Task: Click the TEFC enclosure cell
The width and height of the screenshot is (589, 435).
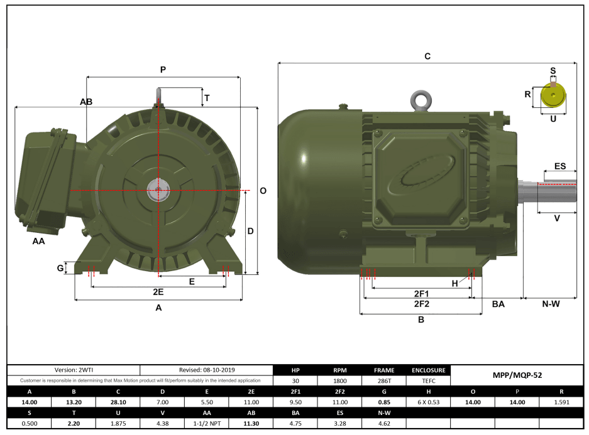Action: click(429, 381)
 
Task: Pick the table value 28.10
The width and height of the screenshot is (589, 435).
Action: click(118, 402)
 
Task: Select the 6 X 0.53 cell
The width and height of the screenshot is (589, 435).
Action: click(429, 402)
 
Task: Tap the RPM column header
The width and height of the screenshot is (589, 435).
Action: click(340, 370)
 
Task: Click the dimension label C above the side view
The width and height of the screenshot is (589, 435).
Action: click(427, 56)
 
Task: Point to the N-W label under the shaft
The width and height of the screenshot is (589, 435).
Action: click(551, 304)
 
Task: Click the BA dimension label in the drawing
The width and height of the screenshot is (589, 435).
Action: click(498, 304)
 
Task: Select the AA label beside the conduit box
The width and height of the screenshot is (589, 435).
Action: click(38, 241)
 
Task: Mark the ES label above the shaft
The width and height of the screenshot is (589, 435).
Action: click(559, 166)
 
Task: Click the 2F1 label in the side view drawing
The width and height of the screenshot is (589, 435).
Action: click(421, 294)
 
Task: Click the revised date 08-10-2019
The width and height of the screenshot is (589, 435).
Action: click(207, 370)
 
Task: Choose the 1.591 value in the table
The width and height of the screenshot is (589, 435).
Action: click(561, 402)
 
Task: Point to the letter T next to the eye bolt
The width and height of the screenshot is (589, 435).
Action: click(207, 98)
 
